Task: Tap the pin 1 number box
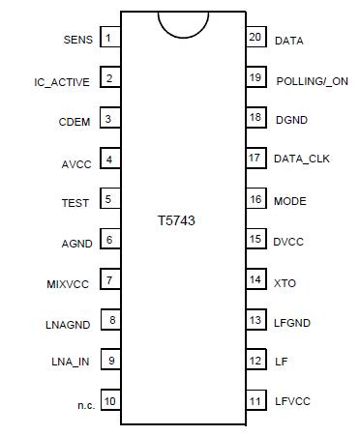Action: [110, 39]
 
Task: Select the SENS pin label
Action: [77, 41]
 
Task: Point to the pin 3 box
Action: [110, 120]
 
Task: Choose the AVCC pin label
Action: [75, 163]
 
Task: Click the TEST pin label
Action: [75, 203]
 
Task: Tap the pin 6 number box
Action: [110, 240]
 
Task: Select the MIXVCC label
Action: [69, 283]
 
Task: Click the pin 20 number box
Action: [255, 39]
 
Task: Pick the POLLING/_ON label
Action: [311, 81]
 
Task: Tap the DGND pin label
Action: [291, 121]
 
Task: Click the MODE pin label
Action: [290, 201]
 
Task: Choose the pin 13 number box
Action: [255, 320]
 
